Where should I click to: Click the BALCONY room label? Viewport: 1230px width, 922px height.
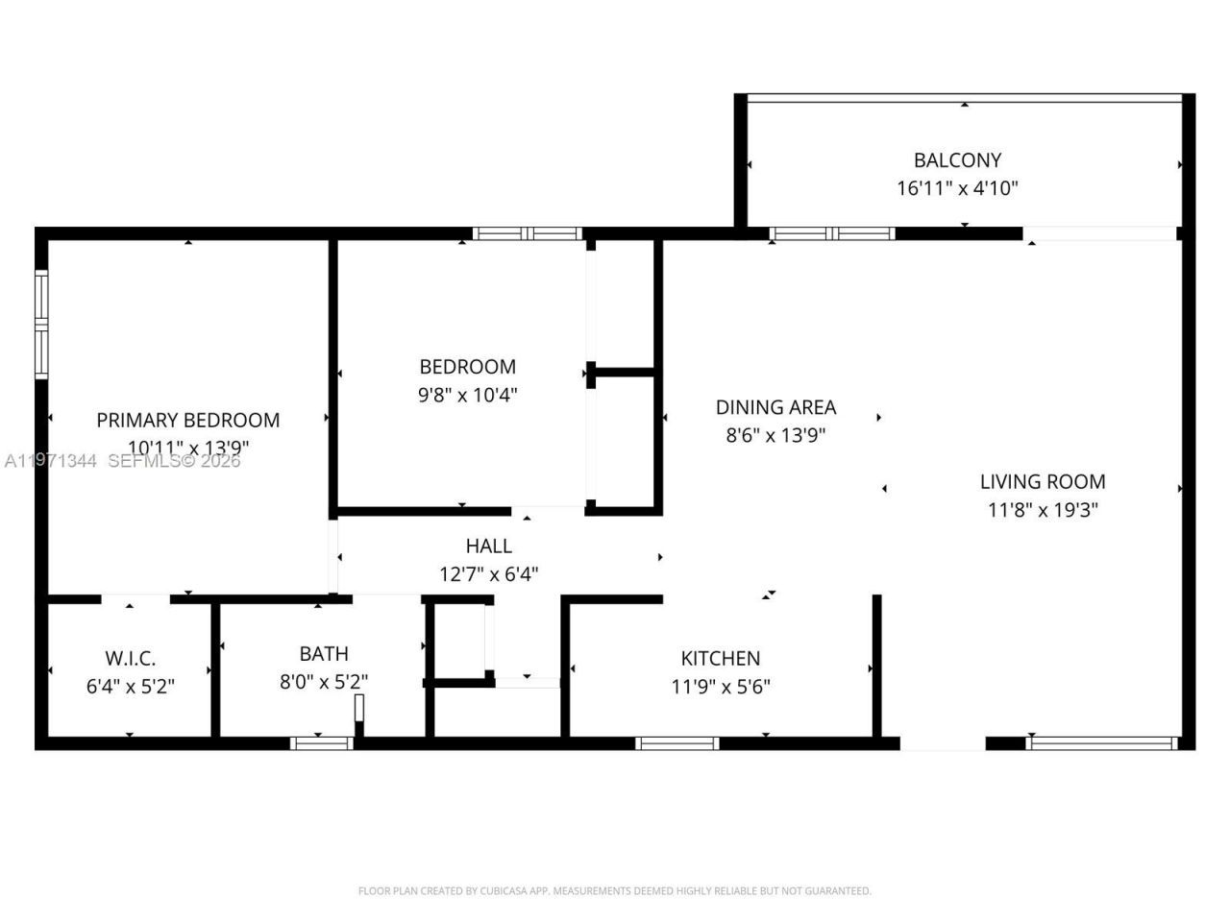pos(957,160)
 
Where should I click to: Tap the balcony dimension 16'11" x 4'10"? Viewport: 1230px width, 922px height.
pos(957,188)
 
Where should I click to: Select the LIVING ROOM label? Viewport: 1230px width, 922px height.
pos(1043,481)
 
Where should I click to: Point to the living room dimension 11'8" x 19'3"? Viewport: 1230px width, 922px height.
pos(1043,509)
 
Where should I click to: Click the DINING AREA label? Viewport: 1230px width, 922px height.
pos(775,407)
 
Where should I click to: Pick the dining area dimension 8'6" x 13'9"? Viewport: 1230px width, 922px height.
pos(775,435)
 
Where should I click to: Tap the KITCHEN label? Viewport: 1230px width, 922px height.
pos(721,658)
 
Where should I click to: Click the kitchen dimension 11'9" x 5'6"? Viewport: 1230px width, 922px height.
pos(721,686)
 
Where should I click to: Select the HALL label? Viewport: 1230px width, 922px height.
pos(488,546)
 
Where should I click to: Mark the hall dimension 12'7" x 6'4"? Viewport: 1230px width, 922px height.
pos(488,574)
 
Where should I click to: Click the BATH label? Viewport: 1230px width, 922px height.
pos(324,654)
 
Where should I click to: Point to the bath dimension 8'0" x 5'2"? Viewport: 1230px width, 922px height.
pos(324,682)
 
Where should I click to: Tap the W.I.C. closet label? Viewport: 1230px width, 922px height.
pos(130,659)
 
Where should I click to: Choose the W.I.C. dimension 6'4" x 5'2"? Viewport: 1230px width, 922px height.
pos(130,687)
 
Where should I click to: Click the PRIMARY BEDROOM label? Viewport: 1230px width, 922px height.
pos(188,420)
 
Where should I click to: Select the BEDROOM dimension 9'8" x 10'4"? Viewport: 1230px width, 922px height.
pos(468,394)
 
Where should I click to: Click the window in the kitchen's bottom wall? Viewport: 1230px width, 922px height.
pos(676,742)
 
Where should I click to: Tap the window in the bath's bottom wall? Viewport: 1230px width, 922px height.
pos(321,742)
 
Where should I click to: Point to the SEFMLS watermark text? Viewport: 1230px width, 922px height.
pos(173,461)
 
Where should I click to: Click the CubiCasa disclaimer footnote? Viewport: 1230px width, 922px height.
pos(615,891)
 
